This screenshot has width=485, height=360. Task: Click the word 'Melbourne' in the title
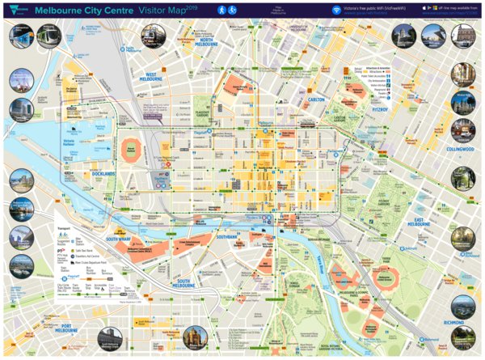57,9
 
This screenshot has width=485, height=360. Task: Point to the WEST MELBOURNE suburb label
152,77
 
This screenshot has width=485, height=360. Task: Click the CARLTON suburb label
316,100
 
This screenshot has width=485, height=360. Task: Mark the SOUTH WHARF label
119,239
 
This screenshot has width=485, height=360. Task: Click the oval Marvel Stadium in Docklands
131,149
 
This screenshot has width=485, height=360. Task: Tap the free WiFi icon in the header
336,9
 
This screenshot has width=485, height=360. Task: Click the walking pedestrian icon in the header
221,9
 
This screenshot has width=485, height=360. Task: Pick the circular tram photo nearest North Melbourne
152,36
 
